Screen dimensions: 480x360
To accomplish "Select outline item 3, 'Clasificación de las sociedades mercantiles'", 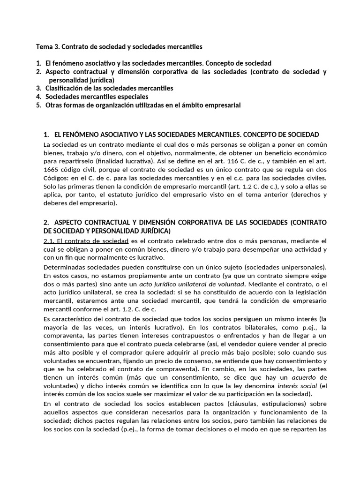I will coord(109,88).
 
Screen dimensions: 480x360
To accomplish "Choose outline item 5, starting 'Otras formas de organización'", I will coord(142,105).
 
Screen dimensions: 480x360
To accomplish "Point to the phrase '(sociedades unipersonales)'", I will coord(286,267).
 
